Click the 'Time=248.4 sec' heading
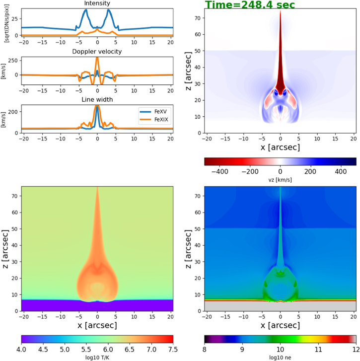250,5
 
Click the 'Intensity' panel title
97,3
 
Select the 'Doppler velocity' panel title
97,52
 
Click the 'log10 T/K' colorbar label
97,358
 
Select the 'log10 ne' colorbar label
280,358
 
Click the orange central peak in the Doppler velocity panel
97,59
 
